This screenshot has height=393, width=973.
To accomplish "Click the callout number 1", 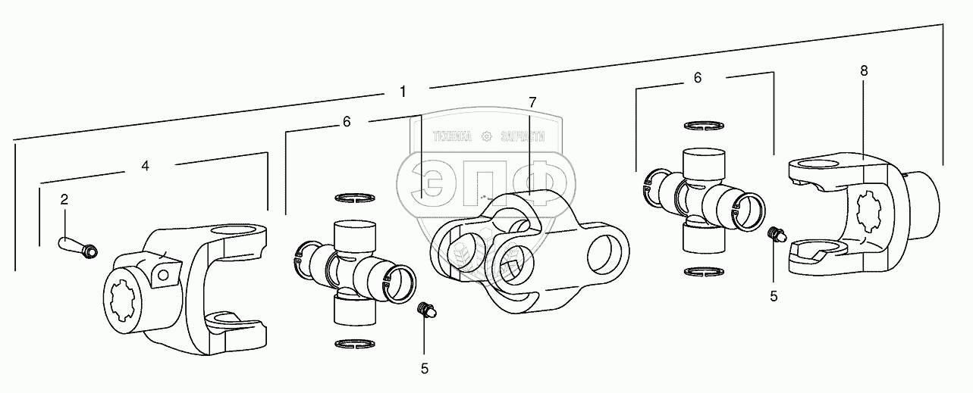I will pyautogui.click(x=403, y=92).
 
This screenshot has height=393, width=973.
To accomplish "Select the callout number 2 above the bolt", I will pyautogui.click(x=64, y=200).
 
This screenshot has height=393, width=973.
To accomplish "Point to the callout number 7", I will pyautogui.click(x=532, y=101).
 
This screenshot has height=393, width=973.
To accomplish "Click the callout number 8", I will pyautogui.click(x=864, y=70).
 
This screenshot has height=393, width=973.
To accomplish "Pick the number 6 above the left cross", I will pyautogui.click(x=347, y=121).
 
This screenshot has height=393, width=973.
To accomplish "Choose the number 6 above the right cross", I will pyautogui.click(x=698, y=77).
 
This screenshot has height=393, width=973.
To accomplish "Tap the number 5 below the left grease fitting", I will pyautogui.click(x=425, y=368).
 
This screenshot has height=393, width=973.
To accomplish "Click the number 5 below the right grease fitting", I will pyautogui.click(x=774, y=296).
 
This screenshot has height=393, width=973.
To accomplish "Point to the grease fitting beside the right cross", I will pyautogui.click(x=775, y=235).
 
